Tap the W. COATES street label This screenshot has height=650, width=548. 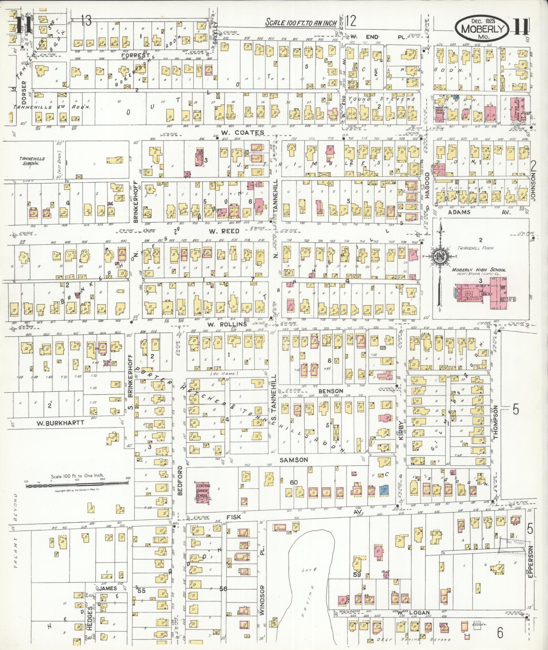pos(242,132)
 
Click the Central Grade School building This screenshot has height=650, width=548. pos(203,492)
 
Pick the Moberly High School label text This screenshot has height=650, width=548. pos(478,270)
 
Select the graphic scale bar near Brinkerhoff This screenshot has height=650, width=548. pos(77,486)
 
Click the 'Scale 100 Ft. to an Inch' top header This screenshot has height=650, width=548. pos(301,23)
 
